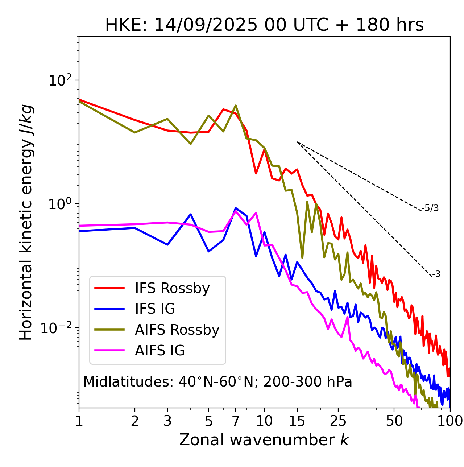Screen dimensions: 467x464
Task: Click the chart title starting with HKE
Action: click(264, 25)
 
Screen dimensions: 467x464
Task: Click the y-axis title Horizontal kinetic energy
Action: click(26, 222)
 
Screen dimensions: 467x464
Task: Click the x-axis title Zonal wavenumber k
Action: click(264, 439)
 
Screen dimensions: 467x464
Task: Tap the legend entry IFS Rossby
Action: click(172, 288)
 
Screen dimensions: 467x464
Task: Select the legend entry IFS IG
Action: click(155, 309)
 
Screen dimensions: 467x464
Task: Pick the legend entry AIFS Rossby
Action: click(177, 330)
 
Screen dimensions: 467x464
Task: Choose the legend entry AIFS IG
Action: click(159, 351)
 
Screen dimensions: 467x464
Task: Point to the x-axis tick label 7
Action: click(236, 421)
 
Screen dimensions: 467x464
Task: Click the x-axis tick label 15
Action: click(297, 421)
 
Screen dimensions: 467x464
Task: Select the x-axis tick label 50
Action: click(394, 421)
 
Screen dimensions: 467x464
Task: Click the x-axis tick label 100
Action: click(450, 421)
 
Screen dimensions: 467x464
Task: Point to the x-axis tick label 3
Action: click(167, 421)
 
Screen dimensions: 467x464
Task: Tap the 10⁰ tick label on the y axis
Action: click(60, 204)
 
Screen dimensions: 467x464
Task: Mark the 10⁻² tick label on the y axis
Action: click(58, 327)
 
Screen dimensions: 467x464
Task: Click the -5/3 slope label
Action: click(430, 208)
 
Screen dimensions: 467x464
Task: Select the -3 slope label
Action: click(436, 274)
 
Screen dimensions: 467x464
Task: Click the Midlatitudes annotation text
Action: click(217, 382)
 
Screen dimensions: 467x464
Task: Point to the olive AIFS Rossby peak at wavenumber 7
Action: click(236, 106)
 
